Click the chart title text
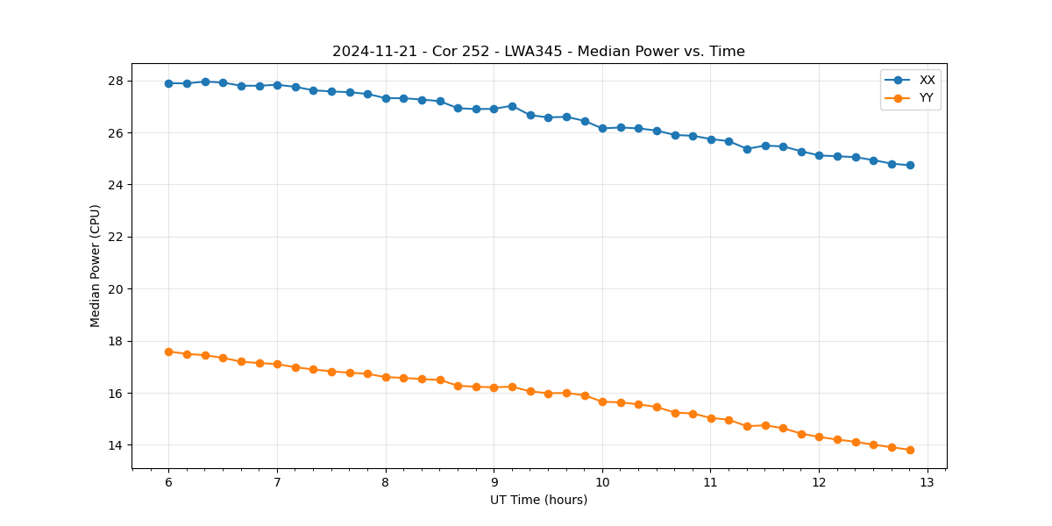tap(538, 52)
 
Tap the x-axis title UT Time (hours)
tap(538, 500)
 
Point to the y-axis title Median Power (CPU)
tap(96, 266)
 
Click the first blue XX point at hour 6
tap(168, 83)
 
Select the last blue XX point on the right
tap(910, 165)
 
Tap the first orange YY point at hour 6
tap(168, 352)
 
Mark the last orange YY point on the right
tap(910, 450)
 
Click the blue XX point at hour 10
tap(602, 128)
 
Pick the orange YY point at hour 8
tap(386, 377)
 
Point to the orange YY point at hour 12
tap(819, 437)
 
